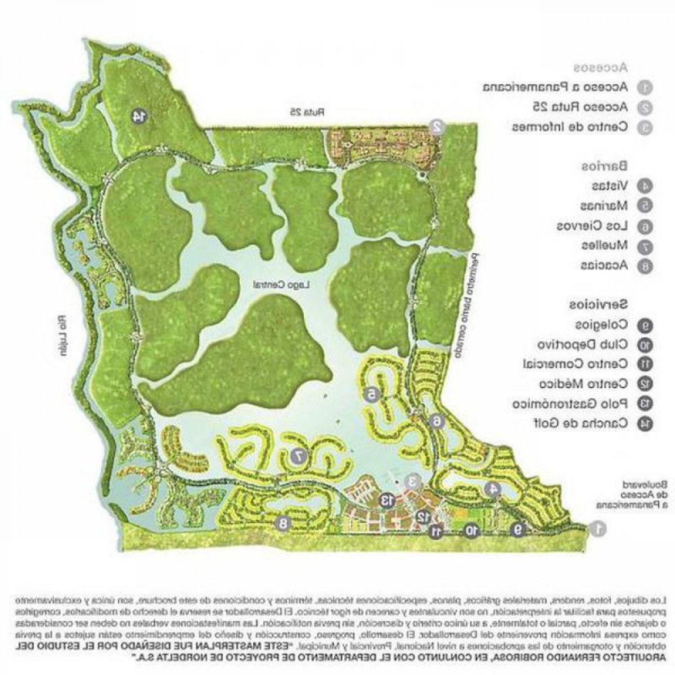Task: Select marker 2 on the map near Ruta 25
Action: [x=437, y=126]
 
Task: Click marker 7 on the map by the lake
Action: [x=296, y=457]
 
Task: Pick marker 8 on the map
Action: [x=283, y=522]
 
